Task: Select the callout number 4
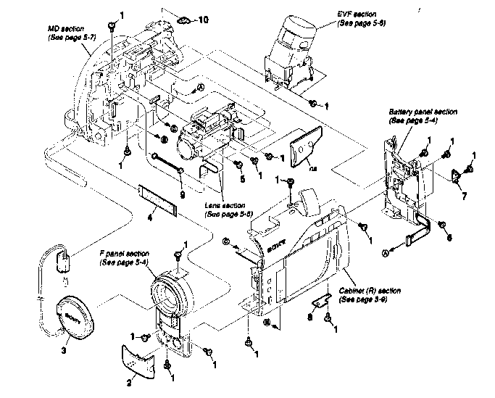[x=148, y=215]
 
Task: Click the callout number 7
[x=464, y=196]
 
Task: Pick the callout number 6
[x=449, y=236]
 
